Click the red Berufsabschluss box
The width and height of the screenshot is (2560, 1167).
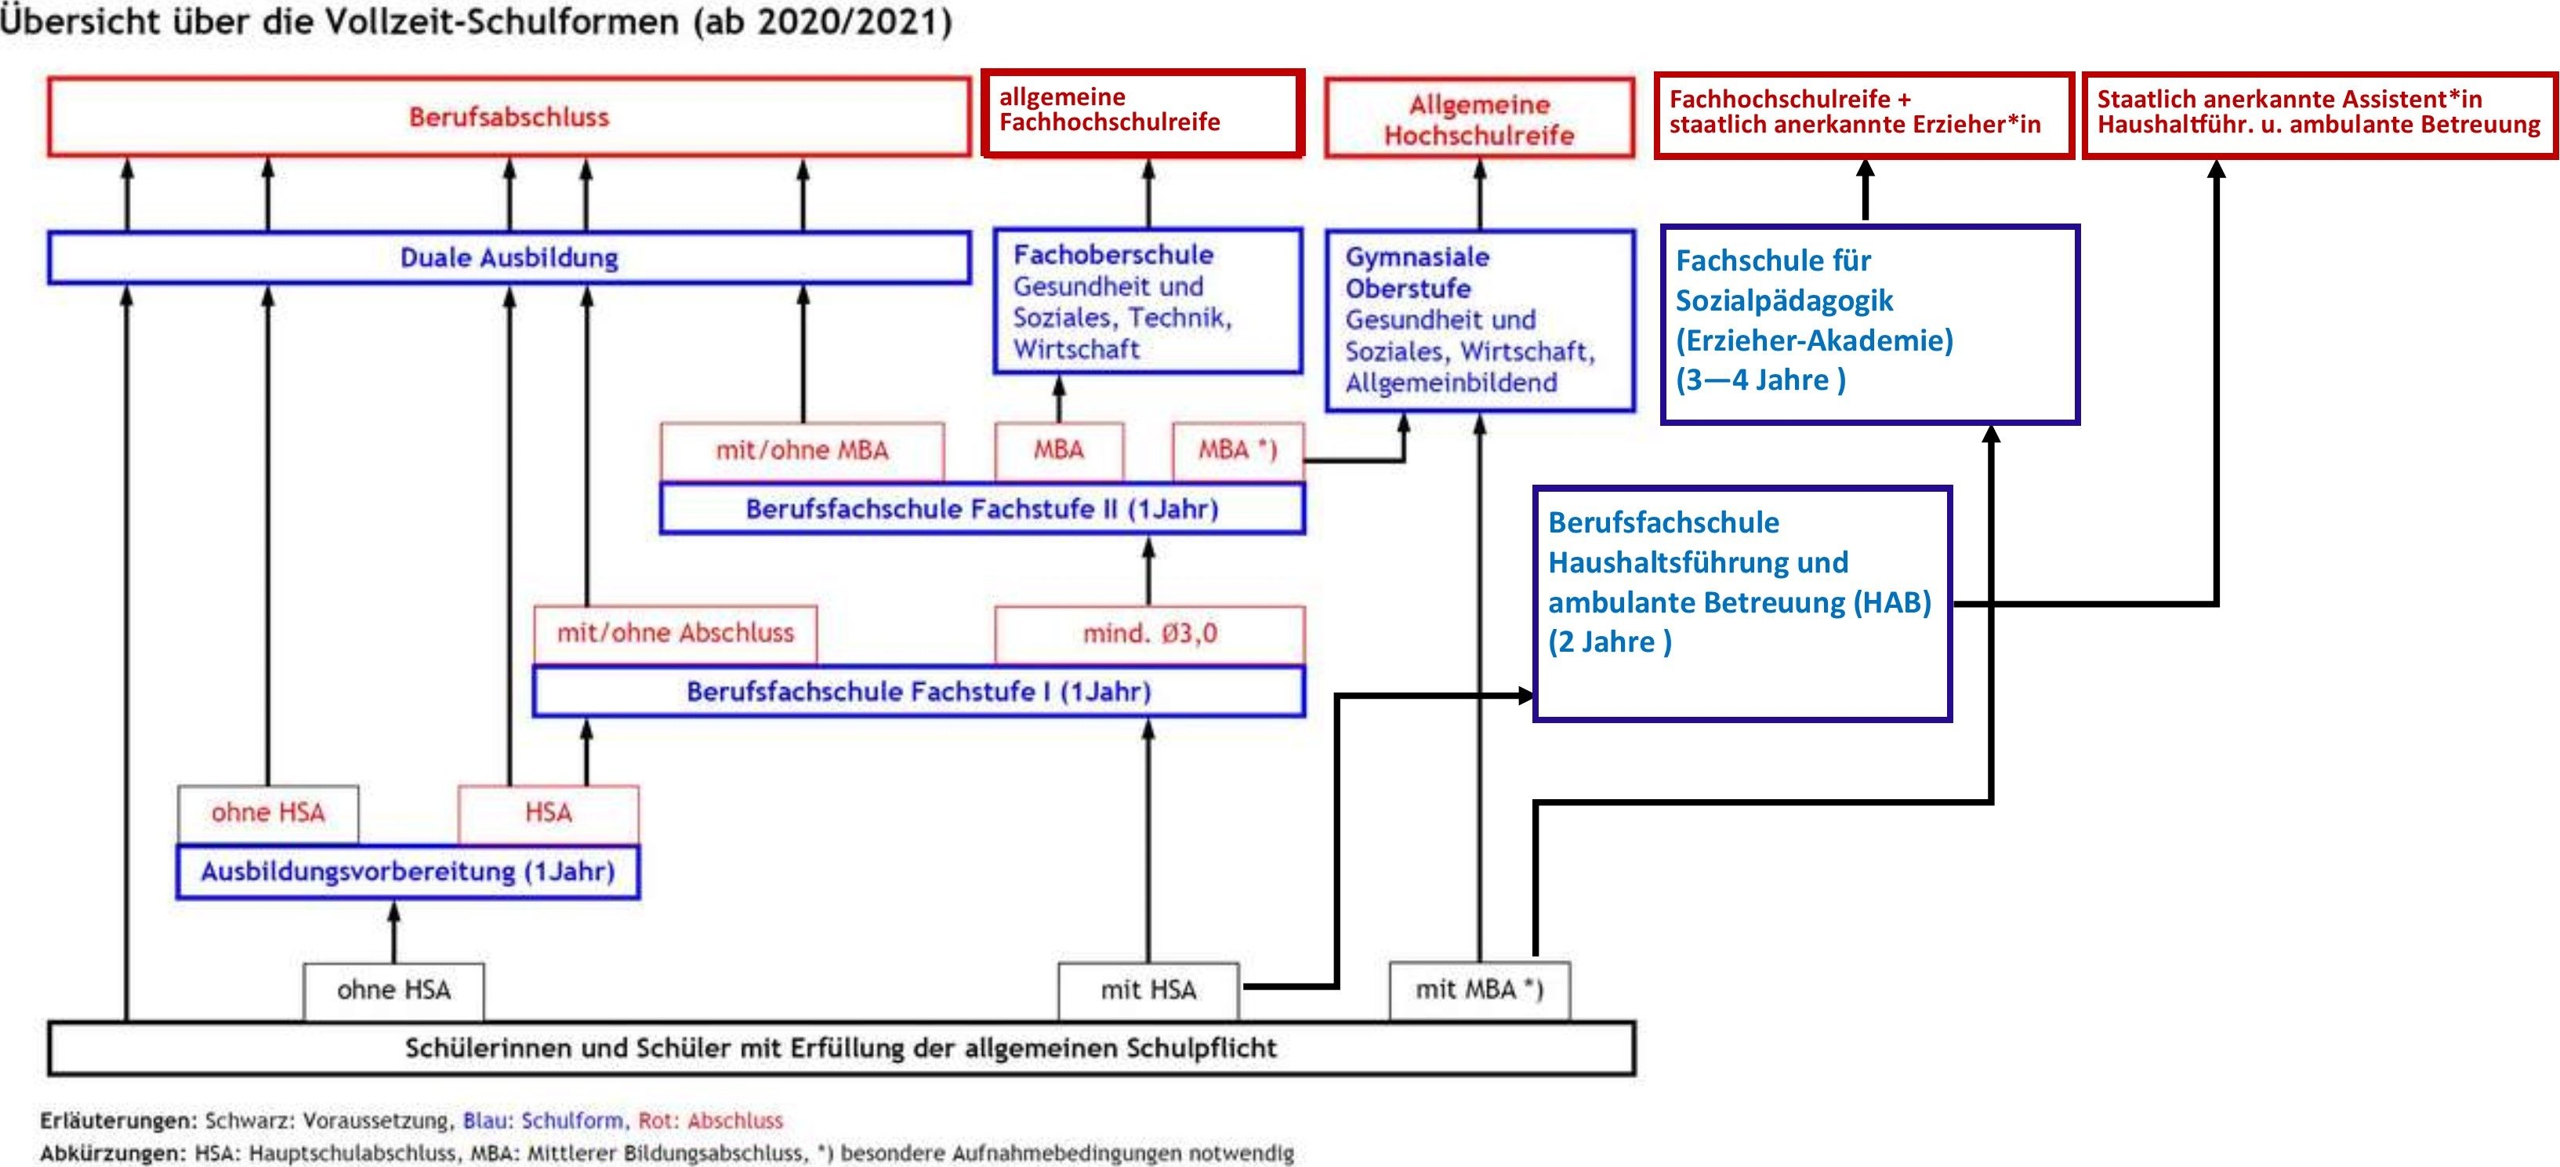point(509,116)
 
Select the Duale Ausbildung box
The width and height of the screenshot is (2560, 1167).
point(509,257)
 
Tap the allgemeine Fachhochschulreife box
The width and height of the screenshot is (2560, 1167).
point(1143,112)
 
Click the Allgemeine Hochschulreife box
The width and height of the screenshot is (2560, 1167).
point(1480,118)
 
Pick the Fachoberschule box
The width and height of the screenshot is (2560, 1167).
point(1148,301)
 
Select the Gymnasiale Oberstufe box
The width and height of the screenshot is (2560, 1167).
point(1480,320)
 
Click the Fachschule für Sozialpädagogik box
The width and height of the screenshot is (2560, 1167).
point(1870,324)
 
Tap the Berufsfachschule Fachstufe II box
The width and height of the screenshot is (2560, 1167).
point(982,509)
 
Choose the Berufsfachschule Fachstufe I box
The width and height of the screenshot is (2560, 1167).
point(919,691)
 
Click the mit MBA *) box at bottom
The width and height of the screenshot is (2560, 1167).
point(1479,990)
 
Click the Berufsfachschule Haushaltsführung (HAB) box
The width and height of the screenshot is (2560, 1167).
point(1742,603)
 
